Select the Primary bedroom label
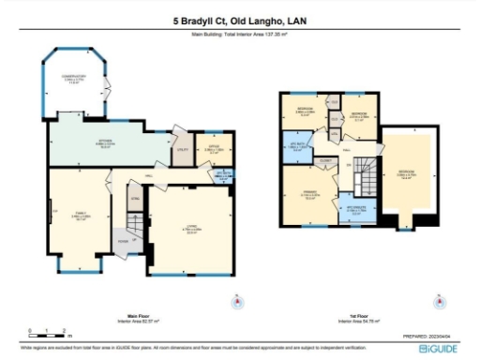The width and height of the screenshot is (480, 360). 309,194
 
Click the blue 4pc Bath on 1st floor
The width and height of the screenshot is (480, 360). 298,147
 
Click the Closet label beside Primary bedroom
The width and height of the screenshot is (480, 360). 324,161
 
